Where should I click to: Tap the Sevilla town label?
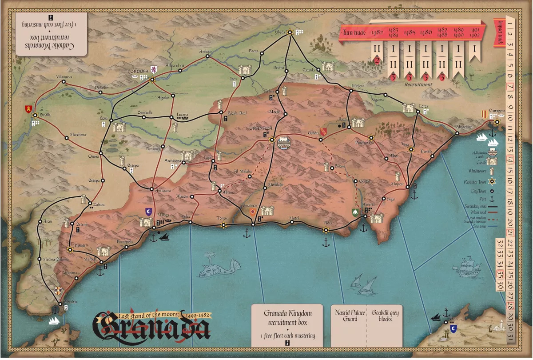click(45, 114)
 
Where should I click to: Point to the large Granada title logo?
click(151, 327)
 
